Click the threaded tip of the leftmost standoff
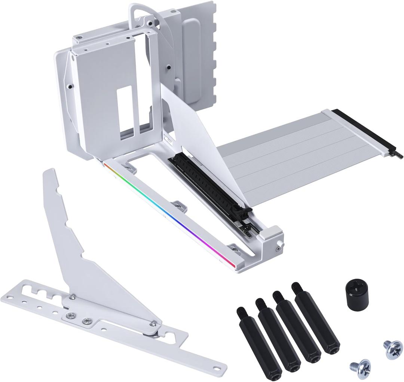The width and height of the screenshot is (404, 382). click(239, 311)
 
